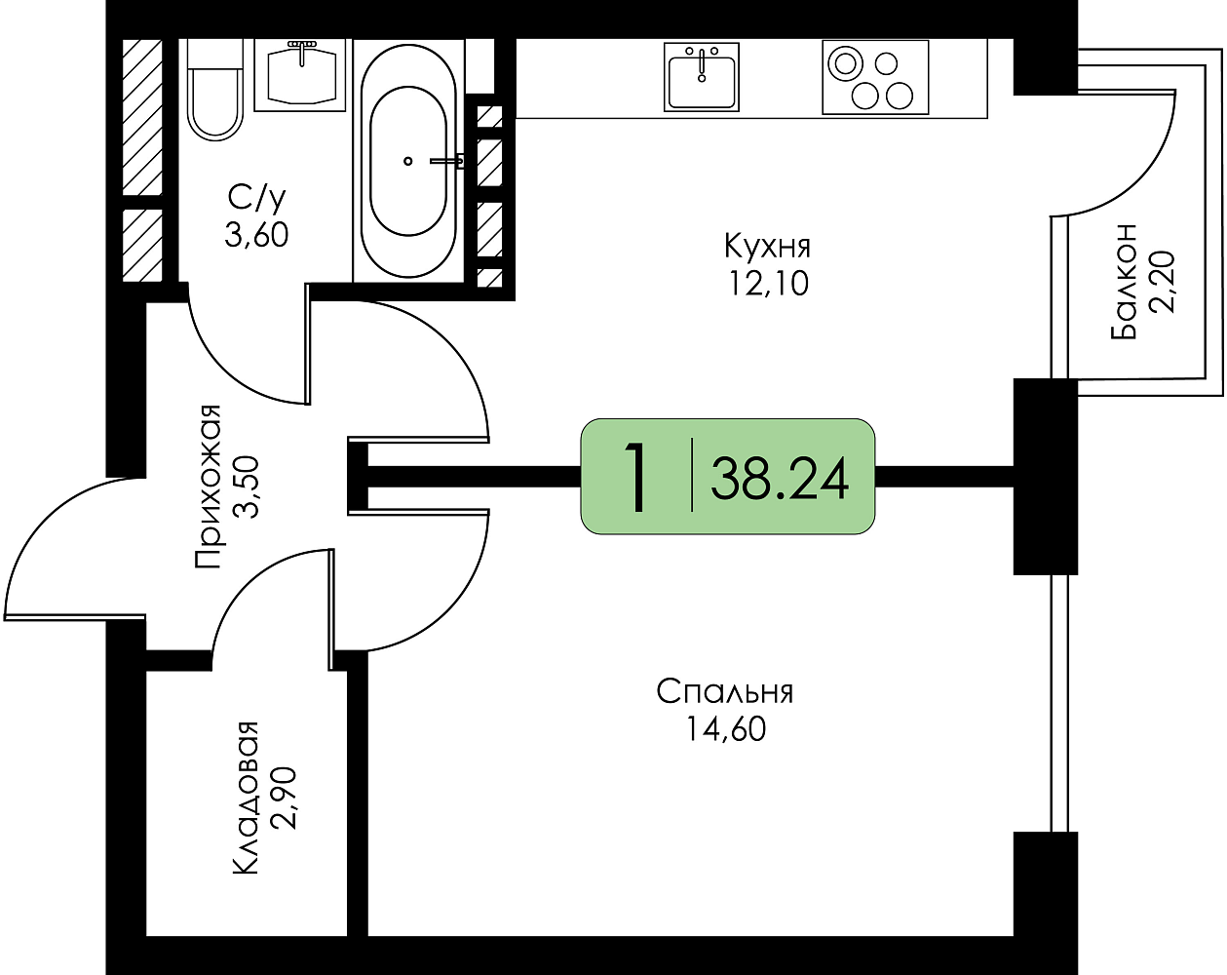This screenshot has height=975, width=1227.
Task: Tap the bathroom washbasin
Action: click(x=300, y=75)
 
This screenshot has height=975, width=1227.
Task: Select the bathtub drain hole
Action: click(x=407, y=161)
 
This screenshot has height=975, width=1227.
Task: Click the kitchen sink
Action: click(x=702, y=77)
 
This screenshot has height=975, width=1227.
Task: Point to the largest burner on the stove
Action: click(x=846, y=62)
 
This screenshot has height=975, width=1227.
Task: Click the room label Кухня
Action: click(x=767, y=248)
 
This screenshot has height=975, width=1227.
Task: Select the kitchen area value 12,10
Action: click(x=768, y=284)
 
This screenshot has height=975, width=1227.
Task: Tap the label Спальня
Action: click(x=725, y=692)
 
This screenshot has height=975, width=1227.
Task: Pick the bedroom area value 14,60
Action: click(x=726, y=728)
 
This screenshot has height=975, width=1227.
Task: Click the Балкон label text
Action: click(x=1124, y=283)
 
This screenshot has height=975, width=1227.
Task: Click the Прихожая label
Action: click(x=208, y=487)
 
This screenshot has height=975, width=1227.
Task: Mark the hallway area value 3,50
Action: click(x=247, y=487)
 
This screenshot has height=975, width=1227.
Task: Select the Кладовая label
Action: click(x=246, y=798)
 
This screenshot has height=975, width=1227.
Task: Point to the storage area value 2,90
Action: click(x=284, y=798)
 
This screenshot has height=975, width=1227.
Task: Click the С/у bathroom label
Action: click(x=256, y=197)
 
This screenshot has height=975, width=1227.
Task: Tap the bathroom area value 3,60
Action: click(x=256, y=234)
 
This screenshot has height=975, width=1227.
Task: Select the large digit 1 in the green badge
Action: click(x=635, y=478)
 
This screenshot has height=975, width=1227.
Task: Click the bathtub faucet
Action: click(x=447, y=161)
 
